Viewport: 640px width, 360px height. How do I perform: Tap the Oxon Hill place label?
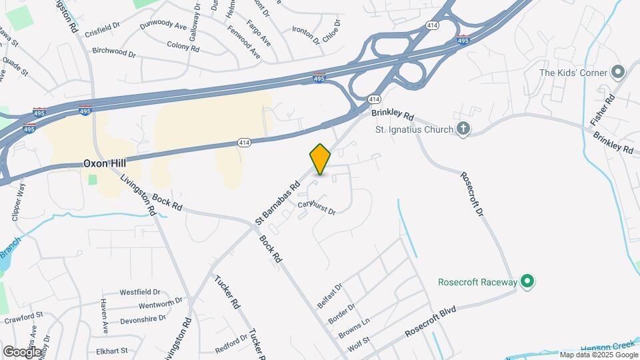click(105, 163)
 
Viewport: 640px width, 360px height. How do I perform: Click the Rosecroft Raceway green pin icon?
click(528, 282)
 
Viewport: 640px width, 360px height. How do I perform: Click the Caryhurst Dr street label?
click(316, 207)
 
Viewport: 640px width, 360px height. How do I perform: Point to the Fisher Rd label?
click(602, 111)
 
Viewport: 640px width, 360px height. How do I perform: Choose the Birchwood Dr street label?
click(114, 51)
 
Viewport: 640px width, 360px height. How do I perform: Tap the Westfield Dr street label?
click(140, 292)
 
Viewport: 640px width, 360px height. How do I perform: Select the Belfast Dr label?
click(330, 295)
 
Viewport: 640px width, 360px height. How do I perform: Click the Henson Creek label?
click(605, 347)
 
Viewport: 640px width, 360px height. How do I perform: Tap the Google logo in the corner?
click(21, 351)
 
